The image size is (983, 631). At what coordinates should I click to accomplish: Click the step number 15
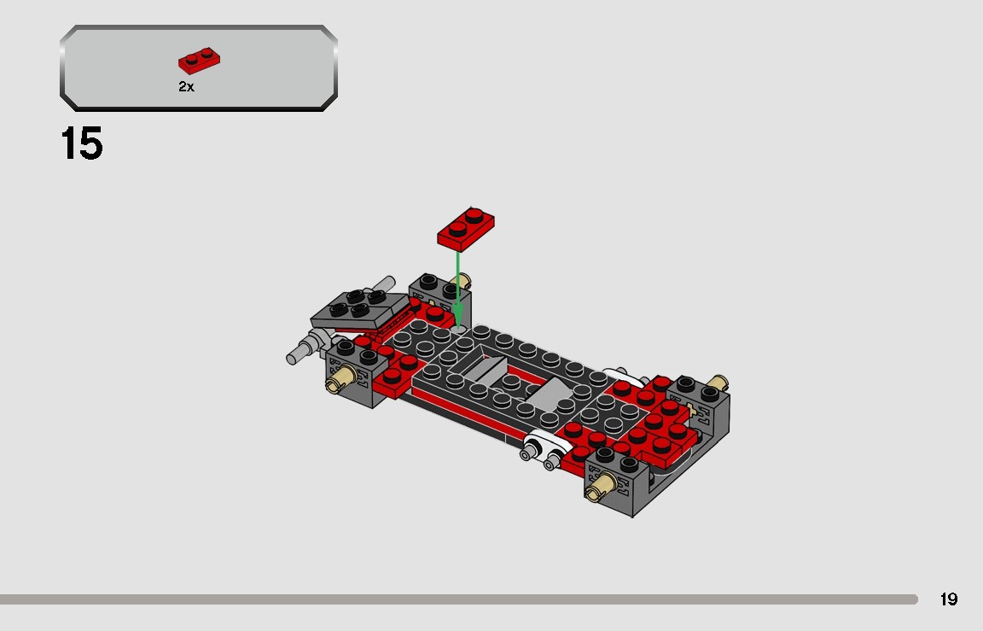[82, 143]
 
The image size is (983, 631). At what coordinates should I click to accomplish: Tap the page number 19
[948, 599]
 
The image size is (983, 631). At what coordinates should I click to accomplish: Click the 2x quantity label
[186, 87]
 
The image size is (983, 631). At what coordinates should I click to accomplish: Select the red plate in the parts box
[200, 61]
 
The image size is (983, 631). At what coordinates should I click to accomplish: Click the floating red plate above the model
[465, 227]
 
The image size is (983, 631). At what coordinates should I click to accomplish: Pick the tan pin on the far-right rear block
[718, 382]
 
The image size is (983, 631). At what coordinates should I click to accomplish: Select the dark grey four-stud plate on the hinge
[358, 309]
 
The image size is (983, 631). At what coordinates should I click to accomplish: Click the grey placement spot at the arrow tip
[458, 327]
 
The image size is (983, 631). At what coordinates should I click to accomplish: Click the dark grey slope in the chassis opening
[481, 370]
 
